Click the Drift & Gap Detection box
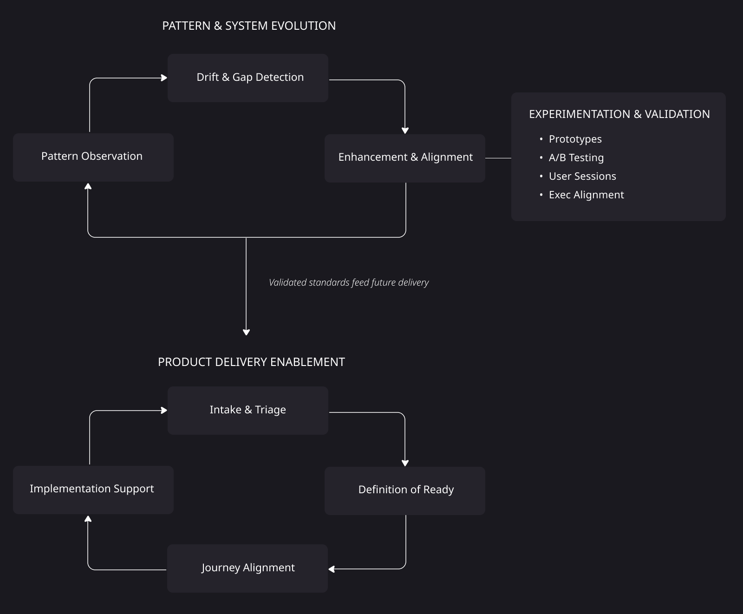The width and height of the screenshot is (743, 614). (248, 78)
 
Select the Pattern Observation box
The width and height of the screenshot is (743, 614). (93, 157)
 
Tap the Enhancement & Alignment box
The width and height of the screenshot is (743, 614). (405, 158)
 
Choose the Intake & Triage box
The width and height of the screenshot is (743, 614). (248, 410)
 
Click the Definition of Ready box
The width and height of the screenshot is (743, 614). (405, 490)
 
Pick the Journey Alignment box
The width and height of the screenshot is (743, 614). (248, 568)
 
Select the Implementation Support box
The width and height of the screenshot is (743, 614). (93, 490)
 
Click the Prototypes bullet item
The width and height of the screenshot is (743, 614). (575, 139)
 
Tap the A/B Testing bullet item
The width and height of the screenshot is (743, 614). (576, 158)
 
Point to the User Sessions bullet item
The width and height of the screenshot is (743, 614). (582, 176)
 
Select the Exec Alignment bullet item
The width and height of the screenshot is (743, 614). (586, 195)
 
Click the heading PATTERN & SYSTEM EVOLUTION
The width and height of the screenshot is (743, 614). (249, 26)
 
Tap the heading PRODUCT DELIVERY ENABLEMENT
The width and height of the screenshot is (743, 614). (251, 362)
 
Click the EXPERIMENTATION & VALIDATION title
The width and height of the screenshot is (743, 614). (619, 114)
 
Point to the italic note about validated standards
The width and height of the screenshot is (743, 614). (349, 282)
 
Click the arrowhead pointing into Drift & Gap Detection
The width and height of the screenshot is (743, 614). (164, 78)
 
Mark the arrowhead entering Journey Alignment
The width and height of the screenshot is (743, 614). (332, 569)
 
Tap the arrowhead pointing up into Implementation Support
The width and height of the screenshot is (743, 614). (88, 519)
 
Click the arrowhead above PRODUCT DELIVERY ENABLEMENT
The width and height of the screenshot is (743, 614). (246, 332)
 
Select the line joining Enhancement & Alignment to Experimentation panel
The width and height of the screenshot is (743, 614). (498, 158)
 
